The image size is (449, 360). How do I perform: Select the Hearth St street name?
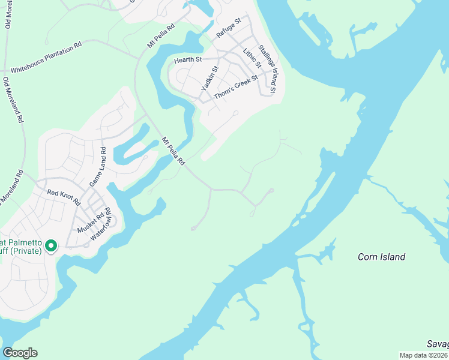coord(187,60)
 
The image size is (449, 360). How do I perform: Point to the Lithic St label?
coord(252,59)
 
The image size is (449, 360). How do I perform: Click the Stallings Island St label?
coord(266,69)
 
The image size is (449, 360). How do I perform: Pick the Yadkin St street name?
coord(209,79)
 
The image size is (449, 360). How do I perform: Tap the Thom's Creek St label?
coord(236,88)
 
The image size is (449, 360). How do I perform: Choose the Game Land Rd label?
coord(97,166)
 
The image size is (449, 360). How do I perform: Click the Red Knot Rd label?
coord(64,197)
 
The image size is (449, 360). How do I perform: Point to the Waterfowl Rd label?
coord(101,224)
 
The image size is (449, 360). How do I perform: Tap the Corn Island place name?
coord(381,257)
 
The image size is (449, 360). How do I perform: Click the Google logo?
coord(20,353)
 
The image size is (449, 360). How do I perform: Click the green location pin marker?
coord(51,246)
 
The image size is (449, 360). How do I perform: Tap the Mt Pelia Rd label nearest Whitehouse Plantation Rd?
coord(161,37)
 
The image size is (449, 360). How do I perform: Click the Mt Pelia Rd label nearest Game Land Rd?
coord(172,151)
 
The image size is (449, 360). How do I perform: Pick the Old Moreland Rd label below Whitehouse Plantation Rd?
coord(13,100)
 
